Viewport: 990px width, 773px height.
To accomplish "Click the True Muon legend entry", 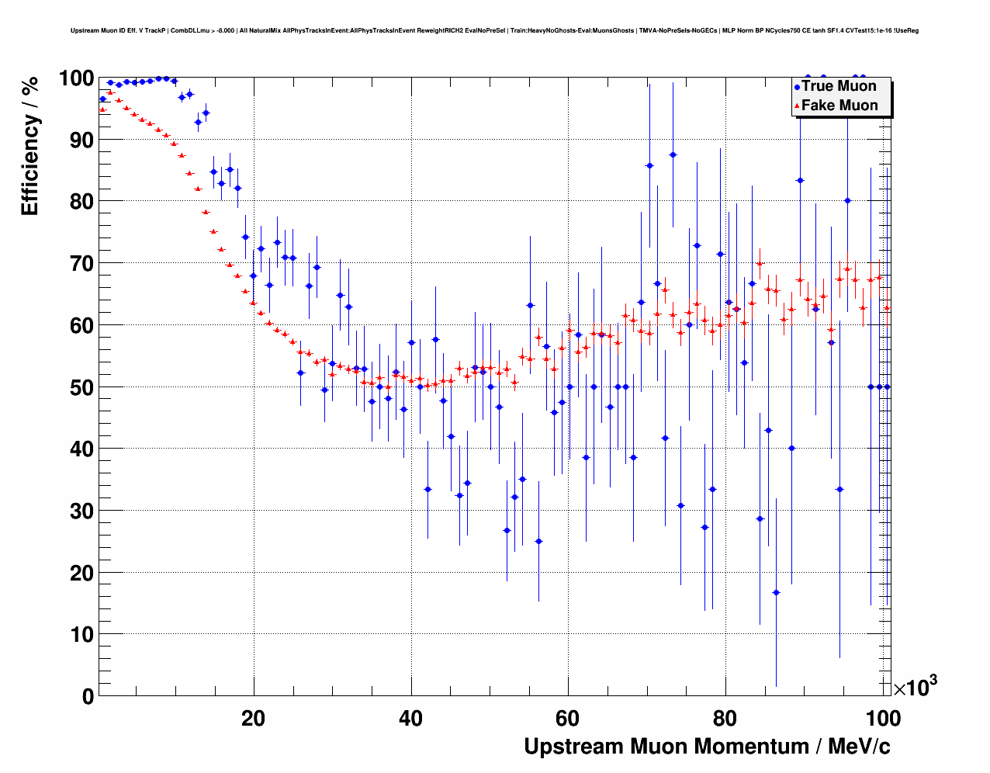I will click(839, 86).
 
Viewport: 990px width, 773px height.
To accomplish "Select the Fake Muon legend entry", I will click(839, 106).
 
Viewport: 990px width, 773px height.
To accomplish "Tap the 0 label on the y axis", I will click(88, 696).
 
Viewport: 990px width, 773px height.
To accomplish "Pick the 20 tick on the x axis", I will click(253, 719).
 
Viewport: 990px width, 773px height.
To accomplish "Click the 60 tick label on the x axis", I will click(568, 719).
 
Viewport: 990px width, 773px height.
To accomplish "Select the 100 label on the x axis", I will click(883, 719).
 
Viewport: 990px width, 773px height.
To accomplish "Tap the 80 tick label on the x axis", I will click(725, 719).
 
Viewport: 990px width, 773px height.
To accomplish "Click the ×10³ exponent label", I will click(916, 687).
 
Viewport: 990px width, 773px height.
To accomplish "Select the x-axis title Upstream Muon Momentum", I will click(707, 747).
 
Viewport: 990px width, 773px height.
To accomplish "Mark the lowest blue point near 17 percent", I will click(776, 592).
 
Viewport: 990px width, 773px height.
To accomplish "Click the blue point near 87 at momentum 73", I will click(673, 154).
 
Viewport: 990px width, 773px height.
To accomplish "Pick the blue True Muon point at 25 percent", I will click(538, 541).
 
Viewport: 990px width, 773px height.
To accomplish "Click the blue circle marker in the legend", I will click(797, 87).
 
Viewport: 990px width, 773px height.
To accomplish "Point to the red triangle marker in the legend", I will click(797, 106).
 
